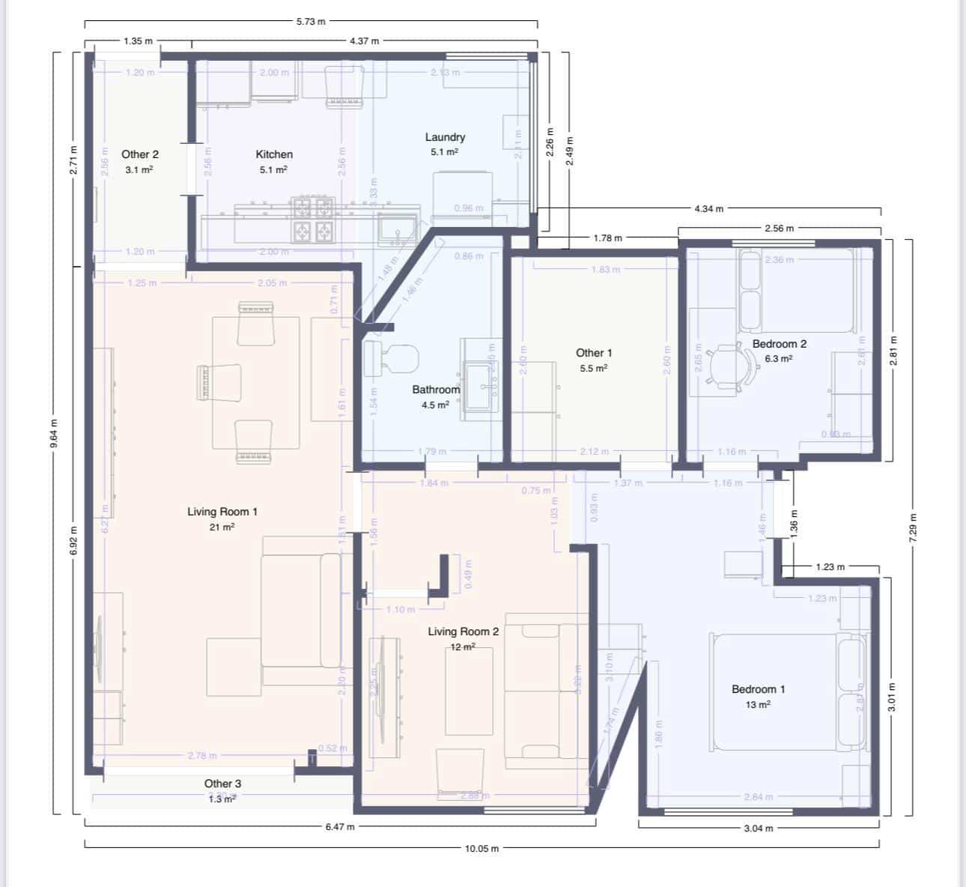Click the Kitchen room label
point(274,154)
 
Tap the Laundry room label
point(445,137)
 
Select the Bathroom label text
point(435,390)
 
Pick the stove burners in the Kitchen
point(313,220)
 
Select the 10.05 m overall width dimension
point(482,849)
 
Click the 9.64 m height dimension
point(54,435)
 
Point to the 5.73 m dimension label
point(311,22)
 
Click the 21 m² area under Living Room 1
point(222,527)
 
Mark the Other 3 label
point(222,784)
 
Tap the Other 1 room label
point(594,353)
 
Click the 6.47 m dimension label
point(340,827)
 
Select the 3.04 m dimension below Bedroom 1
point(759,829)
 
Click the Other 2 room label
point(140,154)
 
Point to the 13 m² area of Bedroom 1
point(758,705)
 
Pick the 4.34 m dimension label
point(708,209)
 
